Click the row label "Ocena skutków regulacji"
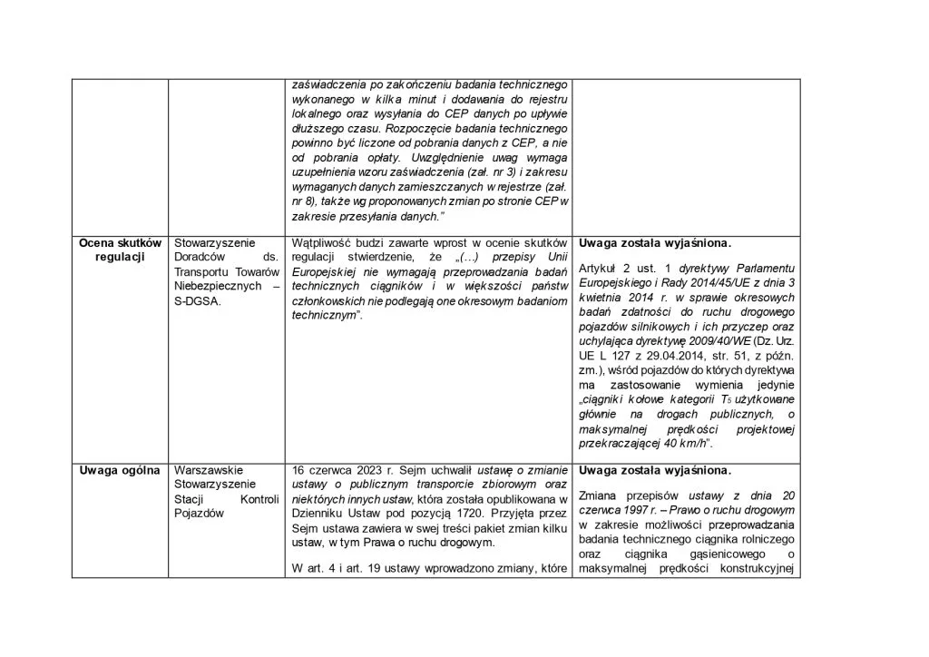tap(120, 250)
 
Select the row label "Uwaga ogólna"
tap(120, 470)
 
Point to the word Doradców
tap(200, 257)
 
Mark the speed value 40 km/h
tap(684, 443)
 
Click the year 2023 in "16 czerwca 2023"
tap(367, 470)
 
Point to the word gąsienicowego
tap(716, 554)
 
